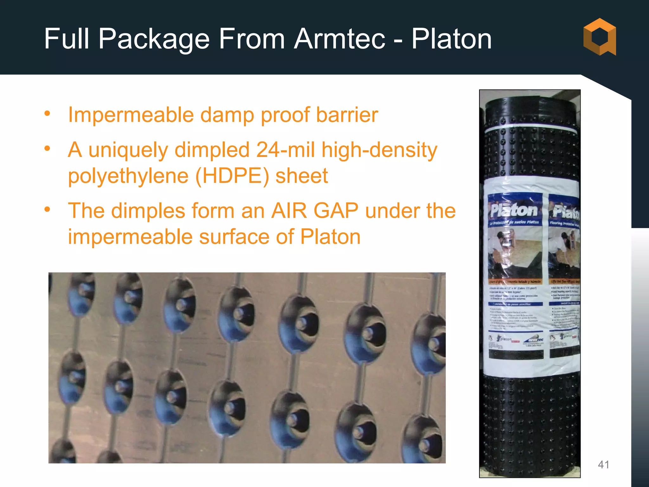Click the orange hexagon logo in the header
600,37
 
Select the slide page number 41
603,464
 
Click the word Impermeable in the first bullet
131,115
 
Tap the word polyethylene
128,177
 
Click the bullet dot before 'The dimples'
48,209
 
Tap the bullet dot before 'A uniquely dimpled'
48,148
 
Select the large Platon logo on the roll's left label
514,210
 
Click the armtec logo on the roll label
536,340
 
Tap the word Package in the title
154,39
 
